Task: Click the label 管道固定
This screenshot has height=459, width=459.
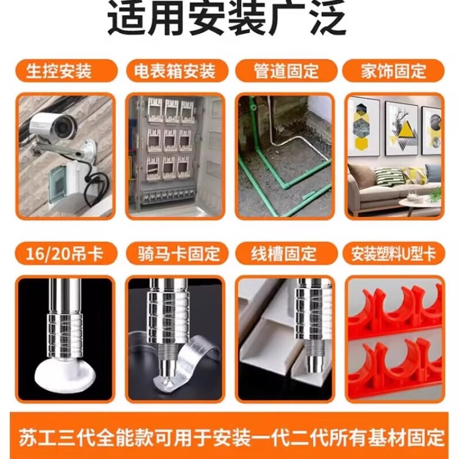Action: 286,71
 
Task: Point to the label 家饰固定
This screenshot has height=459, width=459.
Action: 394,71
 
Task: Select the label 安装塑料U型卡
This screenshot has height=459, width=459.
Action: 394,254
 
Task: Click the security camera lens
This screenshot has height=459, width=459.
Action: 63,126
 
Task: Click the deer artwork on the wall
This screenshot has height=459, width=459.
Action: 401,128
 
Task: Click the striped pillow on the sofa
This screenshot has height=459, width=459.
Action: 384,176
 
